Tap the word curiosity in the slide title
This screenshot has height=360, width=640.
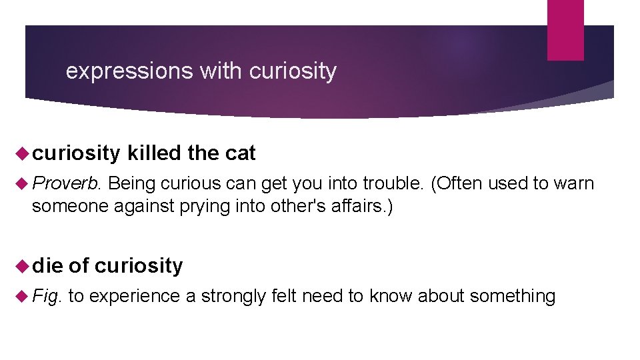point(293,71)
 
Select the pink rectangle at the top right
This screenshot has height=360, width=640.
point(565,30)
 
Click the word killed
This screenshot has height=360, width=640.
point(154,153)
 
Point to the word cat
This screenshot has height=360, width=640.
point(240,153)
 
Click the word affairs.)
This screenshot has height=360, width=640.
point(361,206)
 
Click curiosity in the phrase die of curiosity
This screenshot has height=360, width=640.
point(139,266)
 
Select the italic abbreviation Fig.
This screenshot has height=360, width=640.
point(47,295)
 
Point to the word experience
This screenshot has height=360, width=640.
point(133,295)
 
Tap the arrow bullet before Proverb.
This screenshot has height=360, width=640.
point(19,183)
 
